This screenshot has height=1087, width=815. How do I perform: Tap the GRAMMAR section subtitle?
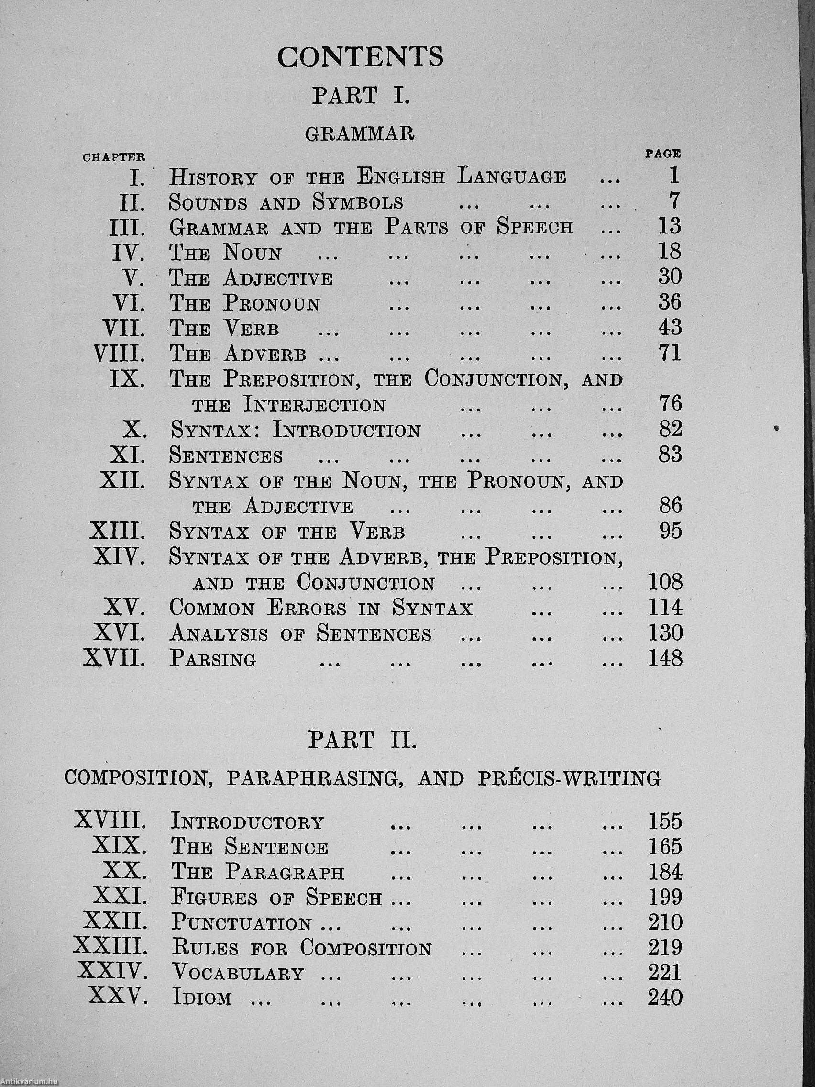coord(360,133)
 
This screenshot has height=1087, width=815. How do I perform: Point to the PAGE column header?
coord(663,154)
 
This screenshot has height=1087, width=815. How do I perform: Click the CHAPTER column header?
coord(113,158)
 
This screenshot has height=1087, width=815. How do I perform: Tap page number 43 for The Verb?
coord(670,328)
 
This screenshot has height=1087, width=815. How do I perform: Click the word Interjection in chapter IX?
coord(314,405)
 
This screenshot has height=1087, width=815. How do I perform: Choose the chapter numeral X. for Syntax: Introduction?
coord(133,431)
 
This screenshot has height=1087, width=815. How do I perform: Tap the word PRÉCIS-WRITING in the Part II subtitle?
coord(570,778)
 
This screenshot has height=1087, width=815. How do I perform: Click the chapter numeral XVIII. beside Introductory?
coord(110,820)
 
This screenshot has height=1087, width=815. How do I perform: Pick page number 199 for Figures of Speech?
coord(666,898)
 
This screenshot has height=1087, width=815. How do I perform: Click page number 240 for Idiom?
coord(666,998)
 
